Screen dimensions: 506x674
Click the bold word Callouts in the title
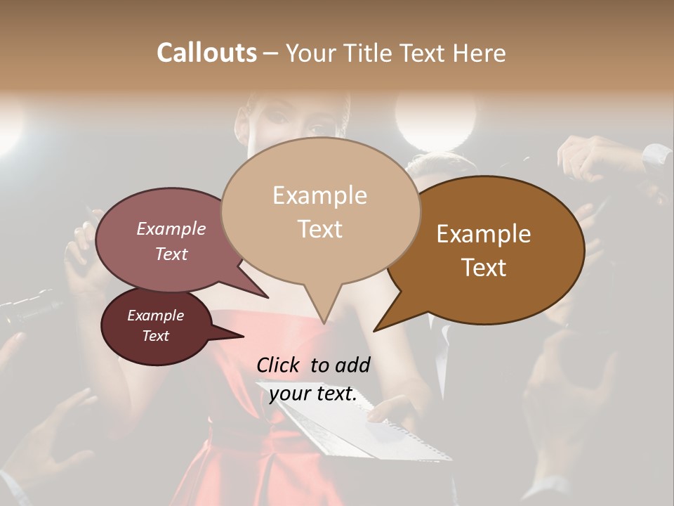206,53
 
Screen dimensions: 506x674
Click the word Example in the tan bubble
319,195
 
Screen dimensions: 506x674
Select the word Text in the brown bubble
484,267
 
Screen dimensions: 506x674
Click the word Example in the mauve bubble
171,228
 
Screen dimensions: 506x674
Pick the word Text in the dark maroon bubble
155,336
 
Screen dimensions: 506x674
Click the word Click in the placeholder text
278,365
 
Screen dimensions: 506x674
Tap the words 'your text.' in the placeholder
313,394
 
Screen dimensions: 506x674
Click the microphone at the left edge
28,309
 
